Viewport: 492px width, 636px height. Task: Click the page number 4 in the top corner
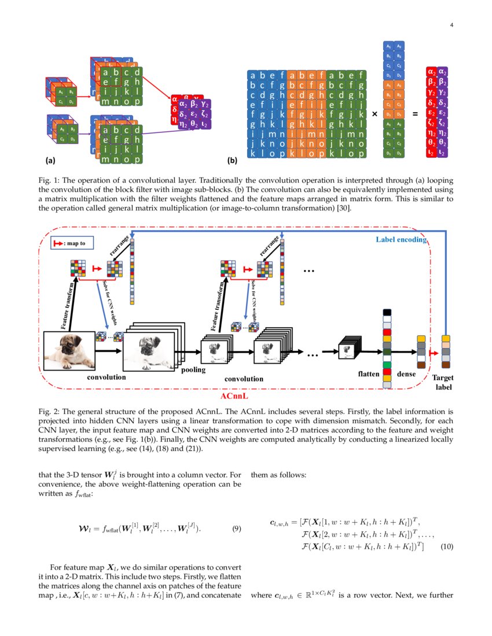[451, 25]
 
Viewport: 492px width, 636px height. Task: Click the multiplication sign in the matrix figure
[375, 114]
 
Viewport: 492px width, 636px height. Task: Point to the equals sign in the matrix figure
[414, 114]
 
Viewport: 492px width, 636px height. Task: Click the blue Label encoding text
[401, 239]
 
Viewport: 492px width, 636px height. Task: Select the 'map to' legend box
[69, 243]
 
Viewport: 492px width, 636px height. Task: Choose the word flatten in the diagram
[369, 374]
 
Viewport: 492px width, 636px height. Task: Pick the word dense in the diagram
[406, 374]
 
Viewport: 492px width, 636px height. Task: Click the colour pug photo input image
[69, 349]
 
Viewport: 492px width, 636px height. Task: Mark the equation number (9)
[236, 528]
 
